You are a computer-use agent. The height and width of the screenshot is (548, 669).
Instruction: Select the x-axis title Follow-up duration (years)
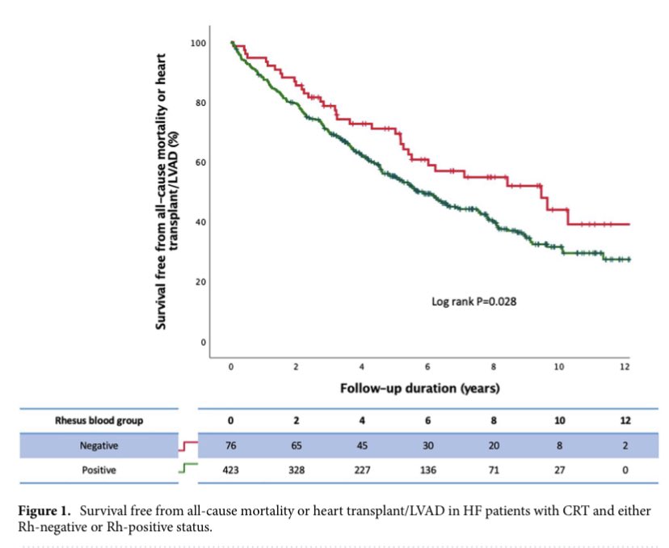coord(419,388)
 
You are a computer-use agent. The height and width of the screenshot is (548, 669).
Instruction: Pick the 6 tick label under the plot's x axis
coord(427,367)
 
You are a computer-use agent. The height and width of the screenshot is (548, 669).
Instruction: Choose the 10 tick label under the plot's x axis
coord(559,367)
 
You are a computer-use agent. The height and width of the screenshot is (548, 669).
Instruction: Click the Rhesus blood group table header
coord(92,420)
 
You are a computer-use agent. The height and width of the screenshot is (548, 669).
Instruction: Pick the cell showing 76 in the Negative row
coord(231,445)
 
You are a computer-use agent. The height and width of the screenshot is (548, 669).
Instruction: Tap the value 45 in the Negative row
coord(362,445)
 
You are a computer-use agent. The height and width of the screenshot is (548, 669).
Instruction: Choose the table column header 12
coord(625,421)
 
